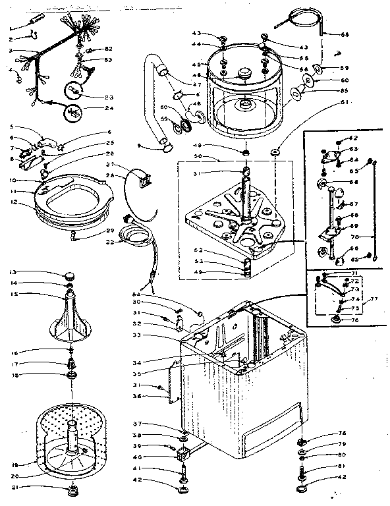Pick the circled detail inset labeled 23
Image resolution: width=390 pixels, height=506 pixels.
coord(74,91)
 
